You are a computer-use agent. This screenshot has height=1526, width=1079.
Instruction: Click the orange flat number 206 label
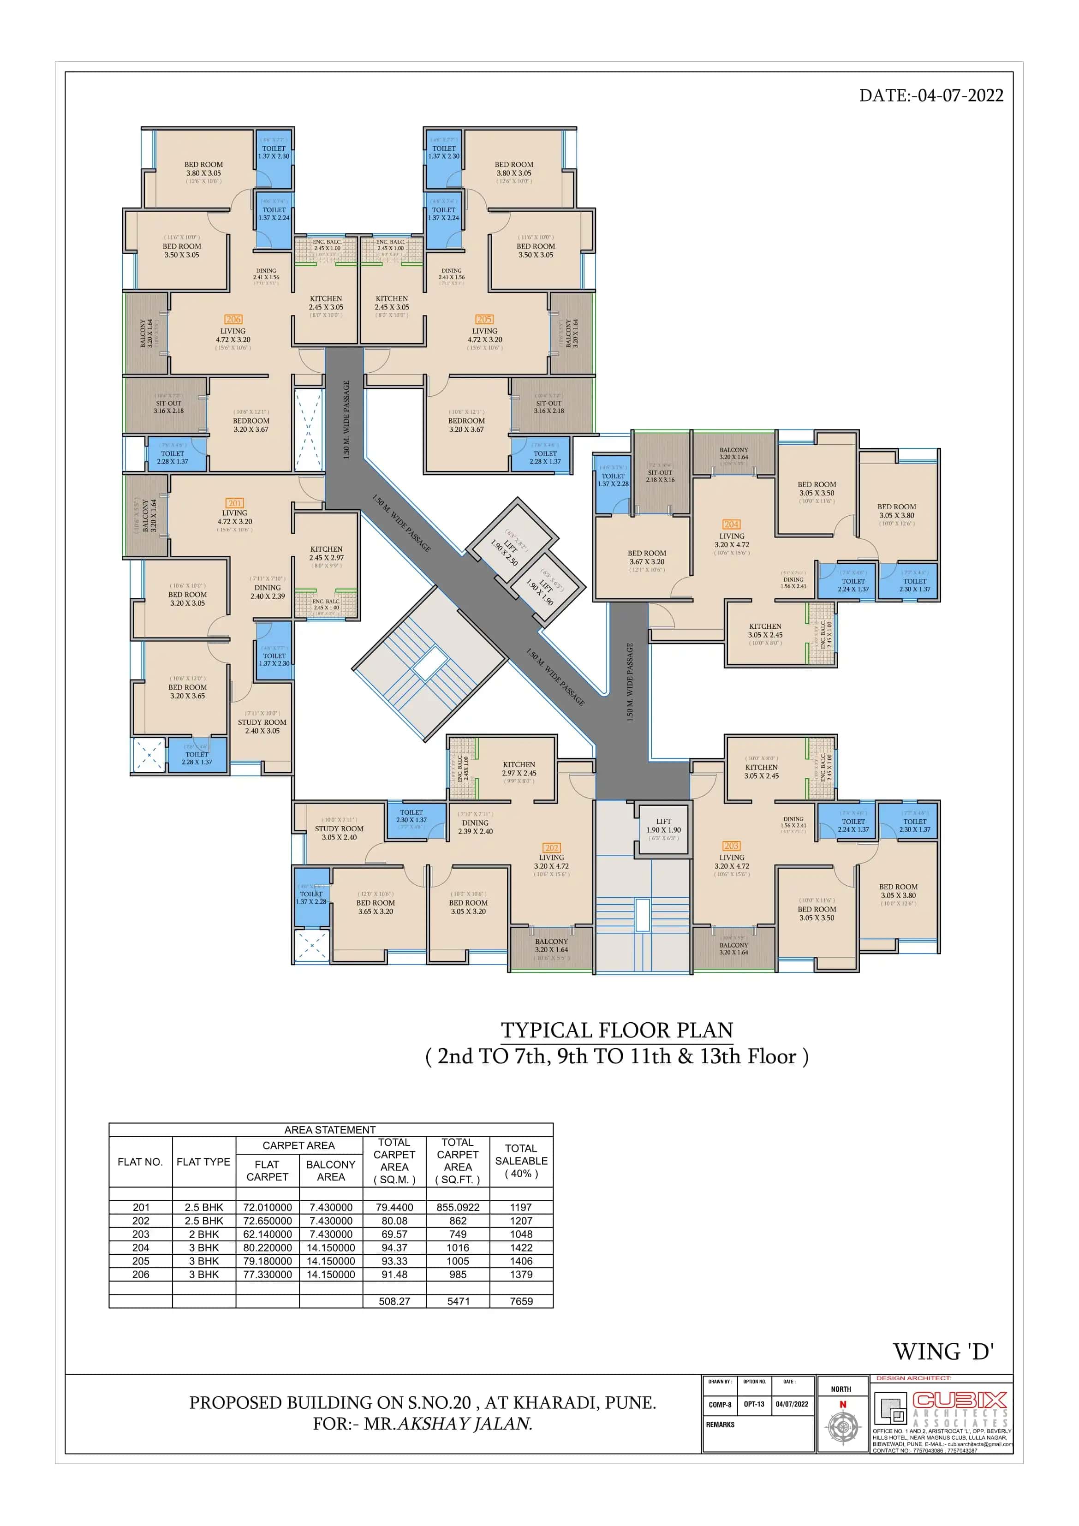click(x=233, y=319)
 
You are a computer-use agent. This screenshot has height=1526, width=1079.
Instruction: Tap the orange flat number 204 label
click(x=731, y=525)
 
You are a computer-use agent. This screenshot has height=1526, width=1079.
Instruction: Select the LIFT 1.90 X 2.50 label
click(x=505, y=548)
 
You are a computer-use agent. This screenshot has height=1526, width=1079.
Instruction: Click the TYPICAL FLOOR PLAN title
click(x=616, y=1030)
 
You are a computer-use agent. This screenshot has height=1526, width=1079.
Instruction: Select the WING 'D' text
click(x=943, y=1352)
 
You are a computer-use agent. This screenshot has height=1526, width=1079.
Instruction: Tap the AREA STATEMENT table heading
click(x=330, y=1130)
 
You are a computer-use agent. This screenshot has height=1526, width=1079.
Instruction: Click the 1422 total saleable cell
click(x=521, y=1247)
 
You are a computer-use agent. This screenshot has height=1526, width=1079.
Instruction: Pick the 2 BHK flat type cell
click(x=204, y=1234)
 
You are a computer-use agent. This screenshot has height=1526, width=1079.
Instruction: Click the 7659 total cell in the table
click(x=521, y=1301)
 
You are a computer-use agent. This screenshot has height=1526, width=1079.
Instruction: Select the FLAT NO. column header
click(x=140, y=1162)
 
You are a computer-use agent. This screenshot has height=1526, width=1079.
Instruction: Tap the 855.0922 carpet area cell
click(x=458, y=1207)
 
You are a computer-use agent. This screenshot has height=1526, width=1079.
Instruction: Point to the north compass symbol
click(x=842, y=1426)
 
